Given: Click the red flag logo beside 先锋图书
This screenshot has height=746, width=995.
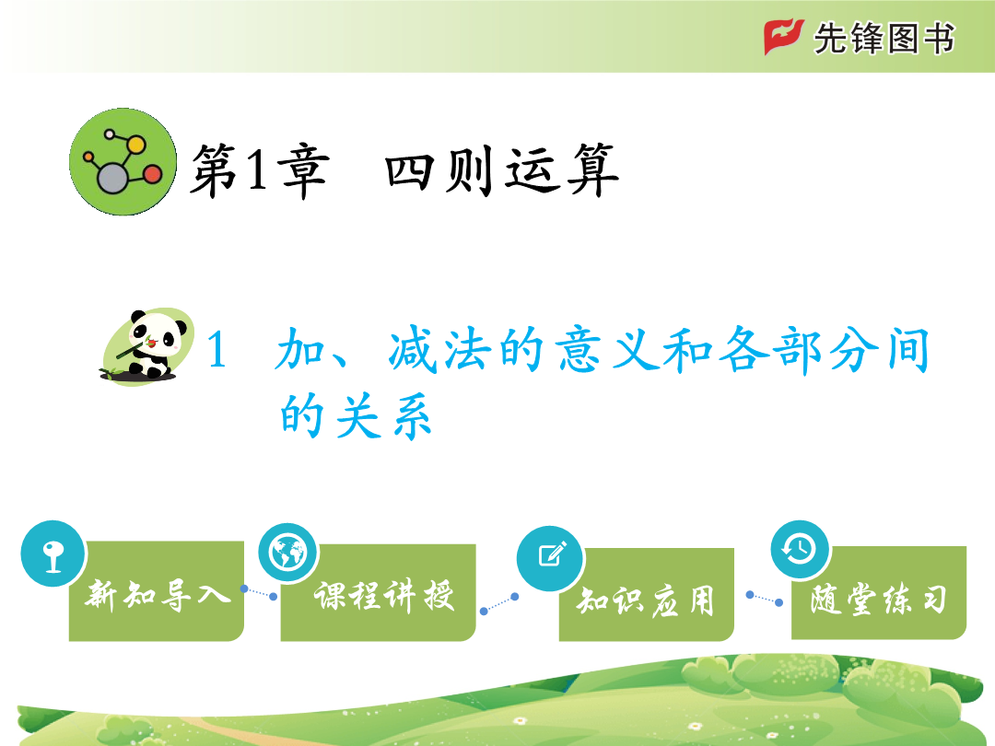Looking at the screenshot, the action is [x=784, y=36].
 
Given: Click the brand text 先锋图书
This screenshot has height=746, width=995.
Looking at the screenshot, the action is [x=884, y=38].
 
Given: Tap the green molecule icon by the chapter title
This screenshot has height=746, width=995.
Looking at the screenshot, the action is [x=123, y=162].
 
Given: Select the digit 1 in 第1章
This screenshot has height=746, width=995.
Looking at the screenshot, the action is [x=257, y=169].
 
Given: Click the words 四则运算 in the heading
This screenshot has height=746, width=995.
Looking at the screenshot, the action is [x=501, y=169].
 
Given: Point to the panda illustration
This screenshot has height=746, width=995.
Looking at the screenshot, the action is [x=147, y=346].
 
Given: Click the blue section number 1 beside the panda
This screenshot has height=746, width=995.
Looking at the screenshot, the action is [x=217, y=350].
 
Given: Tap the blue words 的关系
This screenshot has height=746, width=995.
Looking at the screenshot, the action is [x=356, y=416].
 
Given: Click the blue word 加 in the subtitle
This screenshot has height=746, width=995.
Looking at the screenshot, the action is [x=300, y=349].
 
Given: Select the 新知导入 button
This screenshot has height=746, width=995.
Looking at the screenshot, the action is [x=156, y=591].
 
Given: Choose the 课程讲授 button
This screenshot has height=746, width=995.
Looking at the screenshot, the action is [x=379, y=592].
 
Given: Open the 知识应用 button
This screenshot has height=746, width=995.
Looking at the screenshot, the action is [x=646, y=594].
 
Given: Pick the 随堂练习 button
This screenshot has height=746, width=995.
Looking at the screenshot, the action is [x=879, y=592].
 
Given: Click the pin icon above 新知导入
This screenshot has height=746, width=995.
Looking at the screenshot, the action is [x=53, y=554].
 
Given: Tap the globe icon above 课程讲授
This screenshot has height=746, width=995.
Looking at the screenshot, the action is [x=288, y=553].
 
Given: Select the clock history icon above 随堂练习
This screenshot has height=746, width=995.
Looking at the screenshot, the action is [x=800, y=549].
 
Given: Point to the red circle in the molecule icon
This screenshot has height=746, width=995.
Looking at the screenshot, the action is [x=152, y=174].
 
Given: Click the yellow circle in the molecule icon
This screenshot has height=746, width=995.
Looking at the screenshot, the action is [x=135, y=145].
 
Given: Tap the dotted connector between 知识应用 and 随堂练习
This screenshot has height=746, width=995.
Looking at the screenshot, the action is [x=764, y=599].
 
